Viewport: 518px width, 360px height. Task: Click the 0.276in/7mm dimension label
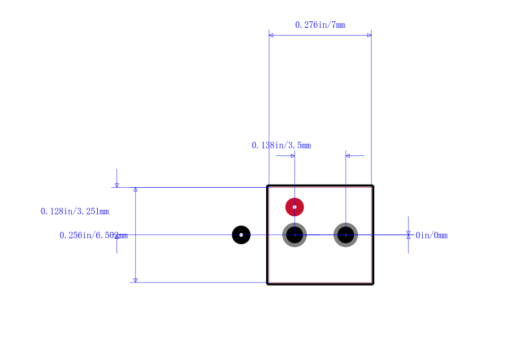[x=320, y=25]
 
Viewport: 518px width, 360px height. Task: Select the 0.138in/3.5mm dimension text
[x=282, y=145]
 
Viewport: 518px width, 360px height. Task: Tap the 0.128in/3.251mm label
[x=75, y=211]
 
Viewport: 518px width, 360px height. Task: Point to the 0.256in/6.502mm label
[x=93, y=235]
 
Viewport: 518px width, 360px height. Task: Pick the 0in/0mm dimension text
[x=431, y=235]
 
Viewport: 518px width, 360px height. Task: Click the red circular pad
[x=295, y=207]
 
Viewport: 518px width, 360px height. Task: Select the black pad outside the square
[x=241, y=235]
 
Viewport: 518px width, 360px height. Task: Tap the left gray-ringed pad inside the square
[x=295, y=235]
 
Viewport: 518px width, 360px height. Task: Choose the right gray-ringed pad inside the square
[x=346, y=235]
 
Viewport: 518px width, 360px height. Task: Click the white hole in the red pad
[x=295, y=207]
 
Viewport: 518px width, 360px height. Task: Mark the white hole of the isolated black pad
[x=241, y=235]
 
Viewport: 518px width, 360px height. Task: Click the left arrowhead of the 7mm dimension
[x=271, y=36]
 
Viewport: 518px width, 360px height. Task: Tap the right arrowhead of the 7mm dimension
[x=369, y=36]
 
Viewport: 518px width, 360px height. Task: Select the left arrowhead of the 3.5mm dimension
[x=293, y=156]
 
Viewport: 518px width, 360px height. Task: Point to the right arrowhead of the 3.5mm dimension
[x=348, y=156]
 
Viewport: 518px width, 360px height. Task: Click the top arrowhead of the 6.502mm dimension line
[x=135, y=190]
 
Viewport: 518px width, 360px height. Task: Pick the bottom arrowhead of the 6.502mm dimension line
[x=135, y=280]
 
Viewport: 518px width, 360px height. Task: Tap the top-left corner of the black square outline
[x=267, y=186]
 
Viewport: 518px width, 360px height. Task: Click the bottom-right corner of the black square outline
[x=373, y=284]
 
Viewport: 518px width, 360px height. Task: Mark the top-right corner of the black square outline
[x=373, y=186]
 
